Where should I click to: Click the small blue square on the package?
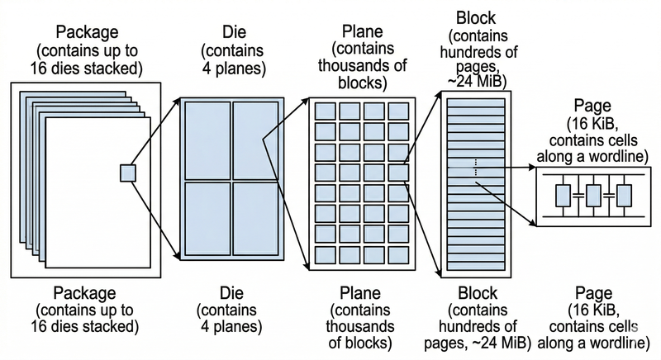click(127, 173)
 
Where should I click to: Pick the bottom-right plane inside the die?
click(256, 218)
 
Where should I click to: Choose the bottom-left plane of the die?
click(206, 218)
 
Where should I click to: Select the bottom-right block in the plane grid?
click(397, 253)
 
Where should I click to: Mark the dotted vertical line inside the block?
click(477, 167)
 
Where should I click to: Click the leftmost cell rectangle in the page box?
click(563, 195)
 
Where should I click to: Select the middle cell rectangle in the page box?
click(593, 195)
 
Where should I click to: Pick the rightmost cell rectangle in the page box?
click(624, 195)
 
